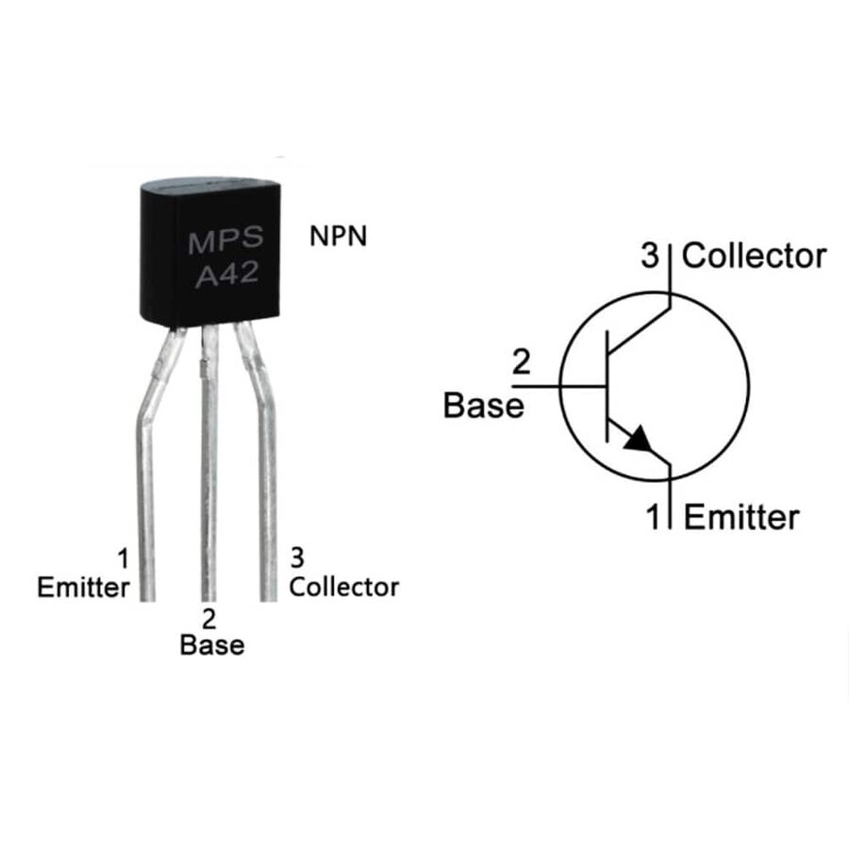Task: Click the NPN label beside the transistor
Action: (x=338, y=236)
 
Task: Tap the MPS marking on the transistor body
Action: (x=225, y=240)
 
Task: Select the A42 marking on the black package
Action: (x=226, y=275)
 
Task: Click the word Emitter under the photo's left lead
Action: (x=83, y=588)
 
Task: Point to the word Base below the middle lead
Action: (x=211, y=645)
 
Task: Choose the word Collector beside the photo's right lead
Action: (x=343, y=588)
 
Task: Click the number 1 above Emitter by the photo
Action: (x=124, y=558)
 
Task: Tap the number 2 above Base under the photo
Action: (x=208, y=619)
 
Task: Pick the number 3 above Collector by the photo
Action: (x=297, y=558)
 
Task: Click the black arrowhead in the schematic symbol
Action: (x=640, y=439)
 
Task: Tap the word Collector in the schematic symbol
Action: (x=754, y=256)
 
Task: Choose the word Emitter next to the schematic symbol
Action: (x=741, y=517)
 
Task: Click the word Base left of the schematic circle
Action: (x=484, y=405)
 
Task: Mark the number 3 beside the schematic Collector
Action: (x=650, y=256)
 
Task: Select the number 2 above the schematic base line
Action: (x=521, y=362)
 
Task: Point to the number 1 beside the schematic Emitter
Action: (x=654, y=517)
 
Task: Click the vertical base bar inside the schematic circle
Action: (x=607, y=386)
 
